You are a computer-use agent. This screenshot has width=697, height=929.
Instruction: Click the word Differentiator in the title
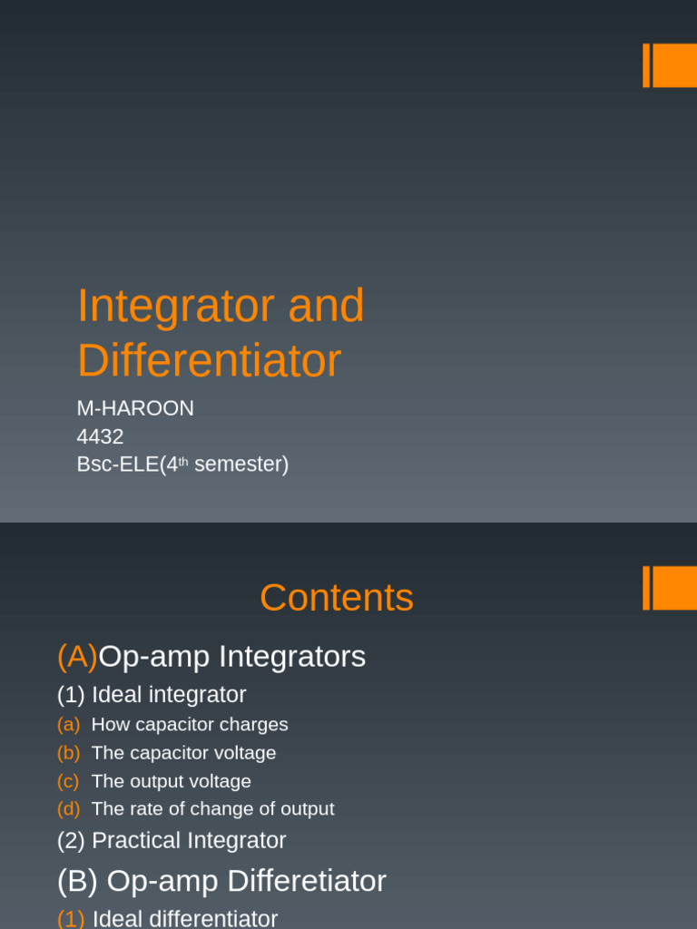(x=209, y=361)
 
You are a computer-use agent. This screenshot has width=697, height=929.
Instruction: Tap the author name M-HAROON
(x=135, y=408)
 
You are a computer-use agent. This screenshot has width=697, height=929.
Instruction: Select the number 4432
(x=100, y=436)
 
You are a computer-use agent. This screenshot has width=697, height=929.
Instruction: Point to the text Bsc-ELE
(x=117, y=464)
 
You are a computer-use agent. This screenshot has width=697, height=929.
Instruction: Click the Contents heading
(x=336, y=598)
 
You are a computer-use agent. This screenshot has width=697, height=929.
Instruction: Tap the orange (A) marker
(x=77, y=656)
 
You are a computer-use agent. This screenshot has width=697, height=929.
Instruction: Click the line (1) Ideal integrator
(x=152, y=695)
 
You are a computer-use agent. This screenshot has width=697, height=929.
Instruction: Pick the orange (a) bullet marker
(x=68, y=725)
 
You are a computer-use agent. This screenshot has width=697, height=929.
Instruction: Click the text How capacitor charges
(x=190, y=725)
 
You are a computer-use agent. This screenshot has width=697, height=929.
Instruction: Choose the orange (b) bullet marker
(x=68, y=753)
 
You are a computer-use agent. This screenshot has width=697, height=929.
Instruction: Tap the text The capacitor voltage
(x=183, y=753)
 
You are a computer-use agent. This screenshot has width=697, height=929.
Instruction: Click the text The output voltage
(x=172, y=781)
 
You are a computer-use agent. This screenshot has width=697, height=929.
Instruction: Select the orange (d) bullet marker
(x=68, y=809)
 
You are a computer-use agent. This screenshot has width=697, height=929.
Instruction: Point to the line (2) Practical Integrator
(x=172, y=840)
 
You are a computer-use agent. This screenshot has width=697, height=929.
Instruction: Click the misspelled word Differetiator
(x=306, y=881)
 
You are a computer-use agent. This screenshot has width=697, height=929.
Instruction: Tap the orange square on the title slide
(x=674, y=65)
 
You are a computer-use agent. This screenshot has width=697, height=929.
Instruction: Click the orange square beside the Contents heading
(x=674, y=588)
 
